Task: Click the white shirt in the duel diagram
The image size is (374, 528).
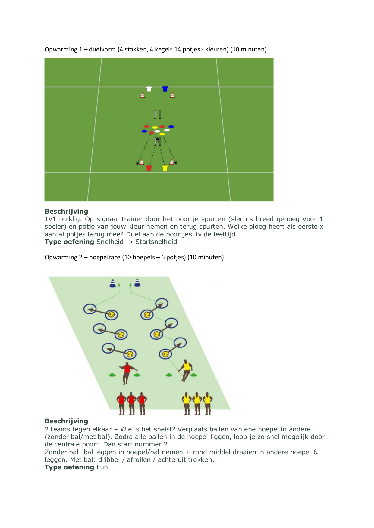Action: (x=149, y=89)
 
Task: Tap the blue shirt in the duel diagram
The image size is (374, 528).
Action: (x=165, y=89)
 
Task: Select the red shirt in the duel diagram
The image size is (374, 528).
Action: (x=149, y=168)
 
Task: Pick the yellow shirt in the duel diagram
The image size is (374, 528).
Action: (x=165, y=168)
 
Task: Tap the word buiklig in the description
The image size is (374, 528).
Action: (x=70, y=219)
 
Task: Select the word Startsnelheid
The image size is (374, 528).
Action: (x=156, y=242)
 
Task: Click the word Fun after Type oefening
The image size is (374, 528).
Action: (x=102, y=467)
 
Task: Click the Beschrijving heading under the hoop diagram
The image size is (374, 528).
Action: (x=66, y=421)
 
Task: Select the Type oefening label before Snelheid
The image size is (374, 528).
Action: (x=69, y=242)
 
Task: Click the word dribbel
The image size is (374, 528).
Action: (x=109, y=460)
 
